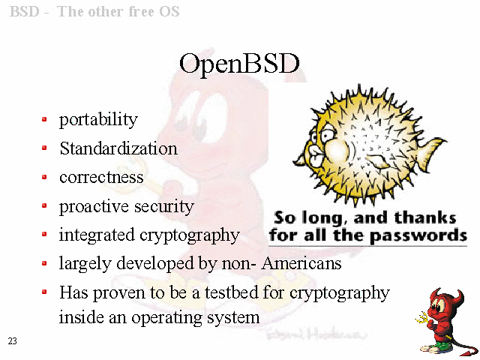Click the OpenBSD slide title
(x=239, y=64)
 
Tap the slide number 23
(x=13, y=341)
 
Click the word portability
(x=98, y=119)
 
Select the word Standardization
(x=118, y=148)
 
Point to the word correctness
(x=101, y=178)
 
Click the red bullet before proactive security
(x=44, y=205)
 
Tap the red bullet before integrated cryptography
(x=44, y=235)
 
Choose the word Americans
(x=301, y=263)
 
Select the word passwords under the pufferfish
(x=418, y=236)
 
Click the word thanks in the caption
(x=425, y=218)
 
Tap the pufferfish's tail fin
(x=433, y=153)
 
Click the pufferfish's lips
(x=315, y=154)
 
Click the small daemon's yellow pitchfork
(x=423, y=318)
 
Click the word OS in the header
(x=169, y=12)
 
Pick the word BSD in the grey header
(x=25, y=12)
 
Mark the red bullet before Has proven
(x=44, y=292)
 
